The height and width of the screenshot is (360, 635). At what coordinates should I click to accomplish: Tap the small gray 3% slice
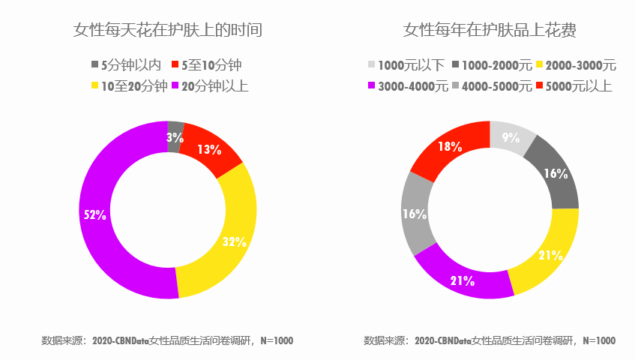click(x=175, y=136)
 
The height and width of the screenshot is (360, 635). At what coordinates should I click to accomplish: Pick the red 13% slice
click(x=210, y=149)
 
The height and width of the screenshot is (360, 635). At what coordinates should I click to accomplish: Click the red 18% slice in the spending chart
click(x=448, y=147)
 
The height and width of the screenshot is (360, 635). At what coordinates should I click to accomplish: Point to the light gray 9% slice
click(x=511, y=137)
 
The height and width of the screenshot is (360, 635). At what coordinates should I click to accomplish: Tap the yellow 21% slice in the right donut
click(x=550, y=255)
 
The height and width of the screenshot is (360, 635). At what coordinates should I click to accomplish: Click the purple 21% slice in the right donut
click(x=462, y=280)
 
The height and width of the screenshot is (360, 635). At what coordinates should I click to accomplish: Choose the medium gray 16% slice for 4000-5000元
click(x=415, y=214)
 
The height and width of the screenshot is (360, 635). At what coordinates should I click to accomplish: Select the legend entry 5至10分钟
click(x=206, y=65)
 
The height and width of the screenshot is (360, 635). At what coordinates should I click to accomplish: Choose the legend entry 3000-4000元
click(x=407, y=85)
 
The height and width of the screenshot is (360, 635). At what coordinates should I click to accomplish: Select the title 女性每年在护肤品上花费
click(x=490, y=31)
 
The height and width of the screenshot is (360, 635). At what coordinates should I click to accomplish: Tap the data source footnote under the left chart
click(x=167, y=340)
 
